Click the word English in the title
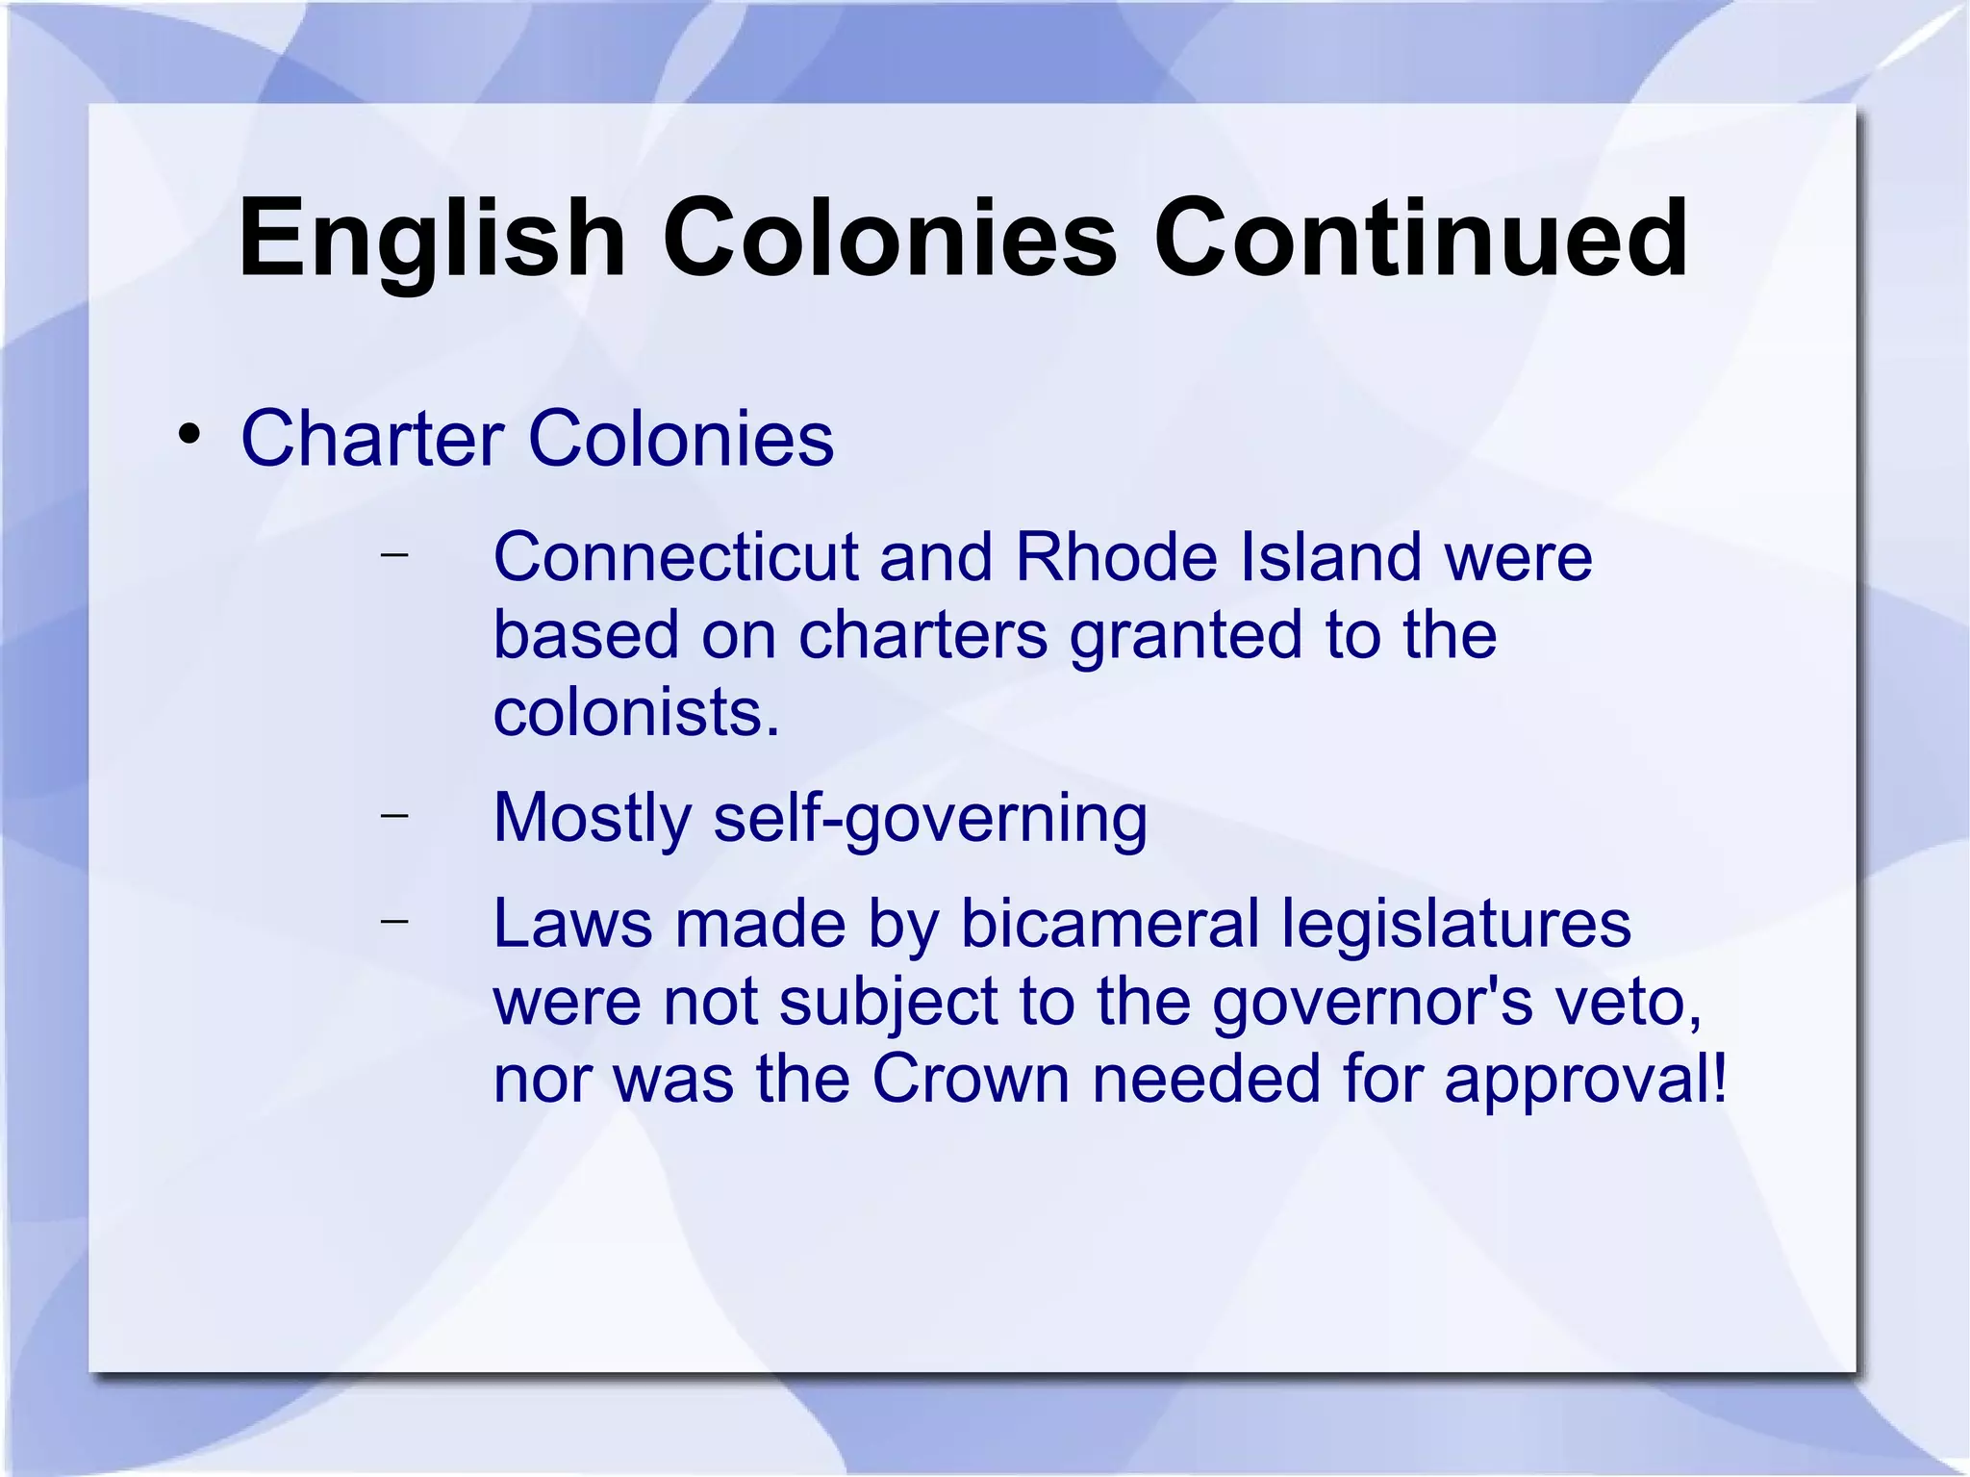(x=432, y=239)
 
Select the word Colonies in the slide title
(x=890, y=239)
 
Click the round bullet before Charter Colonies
(x=189, y=434)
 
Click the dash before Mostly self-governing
(x=393, y=815)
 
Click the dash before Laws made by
(x=393, y=921)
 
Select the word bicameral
(x=1110, y=924)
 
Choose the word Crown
(x=971, y=1079)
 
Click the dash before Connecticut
(x=393, y=554)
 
